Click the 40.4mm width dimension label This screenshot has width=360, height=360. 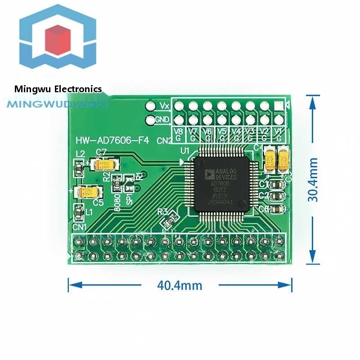(180, 285)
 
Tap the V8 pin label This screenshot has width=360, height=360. (179, 131)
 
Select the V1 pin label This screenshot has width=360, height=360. (279, 131)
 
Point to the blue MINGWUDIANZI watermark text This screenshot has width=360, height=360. (58, 104)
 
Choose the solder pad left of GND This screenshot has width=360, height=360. (149, 120)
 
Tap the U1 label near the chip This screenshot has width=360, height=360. (184, 151)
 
